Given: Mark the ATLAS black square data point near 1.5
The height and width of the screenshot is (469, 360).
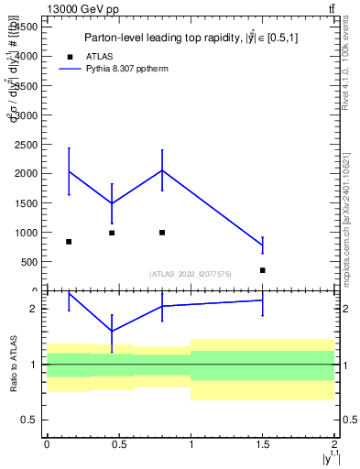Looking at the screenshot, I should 263,270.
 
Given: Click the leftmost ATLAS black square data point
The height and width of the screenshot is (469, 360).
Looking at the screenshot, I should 69,242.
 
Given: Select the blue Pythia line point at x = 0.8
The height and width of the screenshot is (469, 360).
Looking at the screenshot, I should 162,170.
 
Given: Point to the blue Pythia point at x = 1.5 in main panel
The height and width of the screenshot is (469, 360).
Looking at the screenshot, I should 263,245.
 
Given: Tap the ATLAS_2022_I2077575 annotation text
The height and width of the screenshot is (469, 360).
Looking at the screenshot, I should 191,274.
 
